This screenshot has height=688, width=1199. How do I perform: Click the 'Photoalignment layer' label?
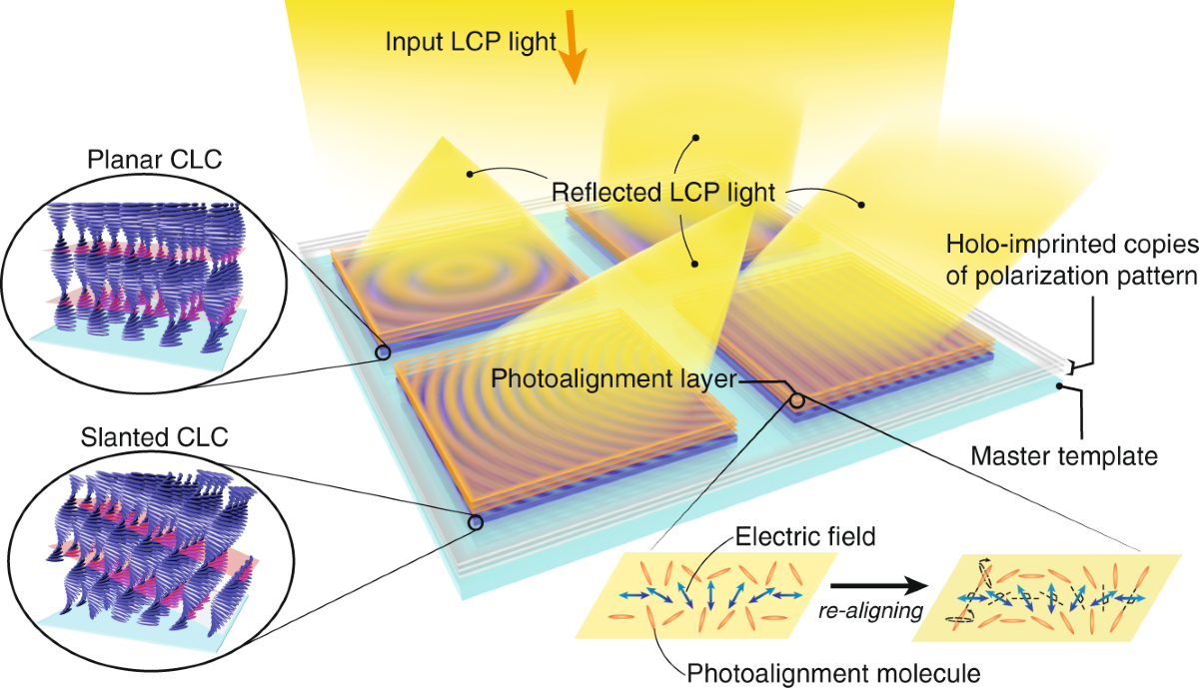coord(612,379)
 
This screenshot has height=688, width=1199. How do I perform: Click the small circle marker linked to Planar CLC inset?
coord(381,351)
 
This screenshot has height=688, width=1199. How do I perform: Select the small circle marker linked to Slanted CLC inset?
coord(476,520)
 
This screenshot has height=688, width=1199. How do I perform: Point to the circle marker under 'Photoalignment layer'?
coord(797,400)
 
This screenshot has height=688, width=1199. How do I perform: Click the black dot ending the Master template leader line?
coord(1060,383)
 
